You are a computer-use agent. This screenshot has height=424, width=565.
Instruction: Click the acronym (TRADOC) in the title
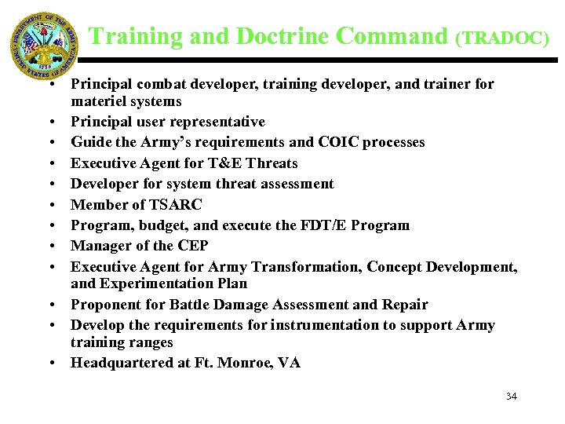[x=502, y=38]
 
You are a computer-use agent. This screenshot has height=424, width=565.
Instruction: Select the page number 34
[x=512, y=396]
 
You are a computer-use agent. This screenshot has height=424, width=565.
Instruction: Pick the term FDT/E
[x=320, y=225]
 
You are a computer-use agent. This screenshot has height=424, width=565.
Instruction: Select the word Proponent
[x=103, y=305]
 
